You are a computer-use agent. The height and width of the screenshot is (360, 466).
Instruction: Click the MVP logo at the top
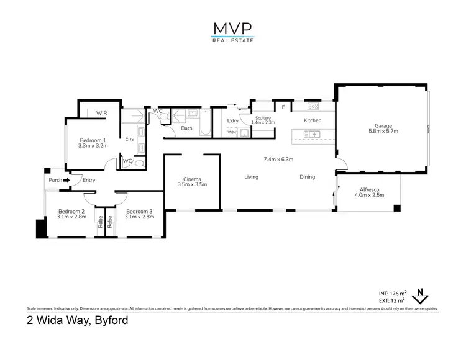232,30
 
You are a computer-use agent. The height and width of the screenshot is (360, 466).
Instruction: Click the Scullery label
263,120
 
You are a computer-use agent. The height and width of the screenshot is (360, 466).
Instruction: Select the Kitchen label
312,120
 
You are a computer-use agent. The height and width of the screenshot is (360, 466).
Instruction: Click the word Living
251,177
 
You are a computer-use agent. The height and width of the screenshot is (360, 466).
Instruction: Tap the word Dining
307,177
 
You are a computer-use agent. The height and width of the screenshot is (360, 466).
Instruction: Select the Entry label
89,181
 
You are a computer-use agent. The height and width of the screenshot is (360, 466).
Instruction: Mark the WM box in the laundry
231,132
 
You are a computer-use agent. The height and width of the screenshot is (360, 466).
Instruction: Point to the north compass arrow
420,294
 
